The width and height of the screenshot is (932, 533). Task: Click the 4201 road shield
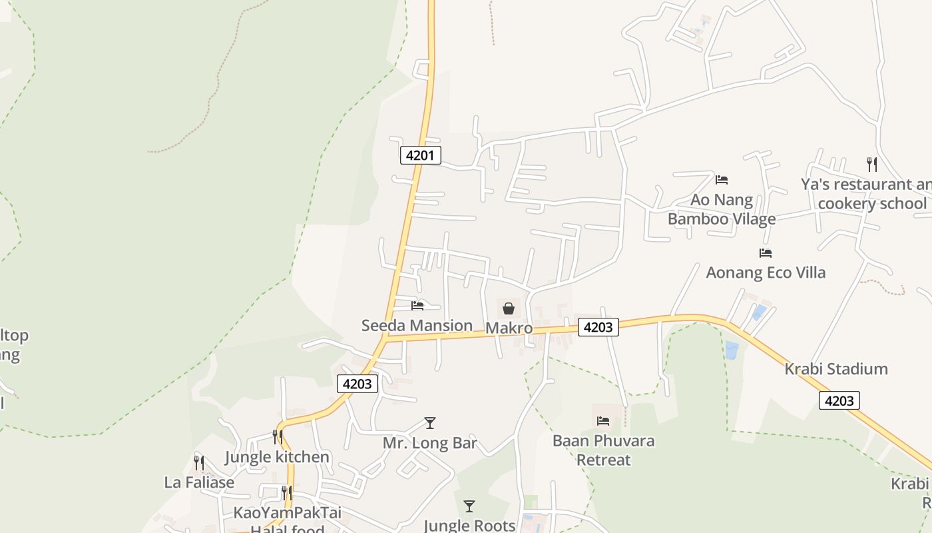(420, 155)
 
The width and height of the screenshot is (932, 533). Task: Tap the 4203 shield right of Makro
(598, 326)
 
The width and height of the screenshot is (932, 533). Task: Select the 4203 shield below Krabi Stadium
(839, 400)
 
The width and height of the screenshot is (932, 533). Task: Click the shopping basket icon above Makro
(509, 308)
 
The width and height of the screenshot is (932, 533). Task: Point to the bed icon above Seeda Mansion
(417, 306)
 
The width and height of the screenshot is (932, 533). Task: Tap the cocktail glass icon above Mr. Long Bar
(430, 423)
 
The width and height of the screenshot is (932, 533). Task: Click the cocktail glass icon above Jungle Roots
(469, 506)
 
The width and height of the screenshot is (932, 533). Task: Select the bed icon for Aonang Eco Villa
(766, 253)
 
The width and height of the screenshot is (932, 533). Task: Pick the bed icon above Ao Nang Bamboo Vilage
(722, 180)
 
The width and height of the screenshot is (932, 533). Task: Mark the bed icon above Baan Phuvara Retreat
(603, 420)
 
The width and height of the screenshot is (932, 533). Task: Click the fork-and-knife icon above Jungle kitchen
(277, 437)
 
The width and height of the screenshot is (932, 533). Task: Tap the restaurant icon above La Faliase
(199, 462)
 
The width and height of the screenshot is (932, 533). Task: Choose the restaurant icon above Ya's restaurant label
(871, 164)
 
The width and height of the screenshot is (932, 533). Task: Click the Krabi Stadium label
(836, 368)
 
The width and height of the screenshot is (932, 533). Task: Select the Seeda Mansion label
(417, 325)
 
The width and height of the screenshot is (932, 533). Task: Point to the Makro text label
(509, 328)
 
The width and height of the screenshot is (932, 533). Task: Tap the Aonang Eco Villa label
(766, 272)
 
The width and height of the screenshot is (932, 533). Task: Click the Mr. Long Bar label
(430, 442)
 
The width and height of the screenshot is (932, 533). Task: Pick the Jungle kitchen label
(277, 457)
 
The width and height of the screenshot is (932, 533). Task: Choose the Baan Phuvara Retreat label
(604, 450)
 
